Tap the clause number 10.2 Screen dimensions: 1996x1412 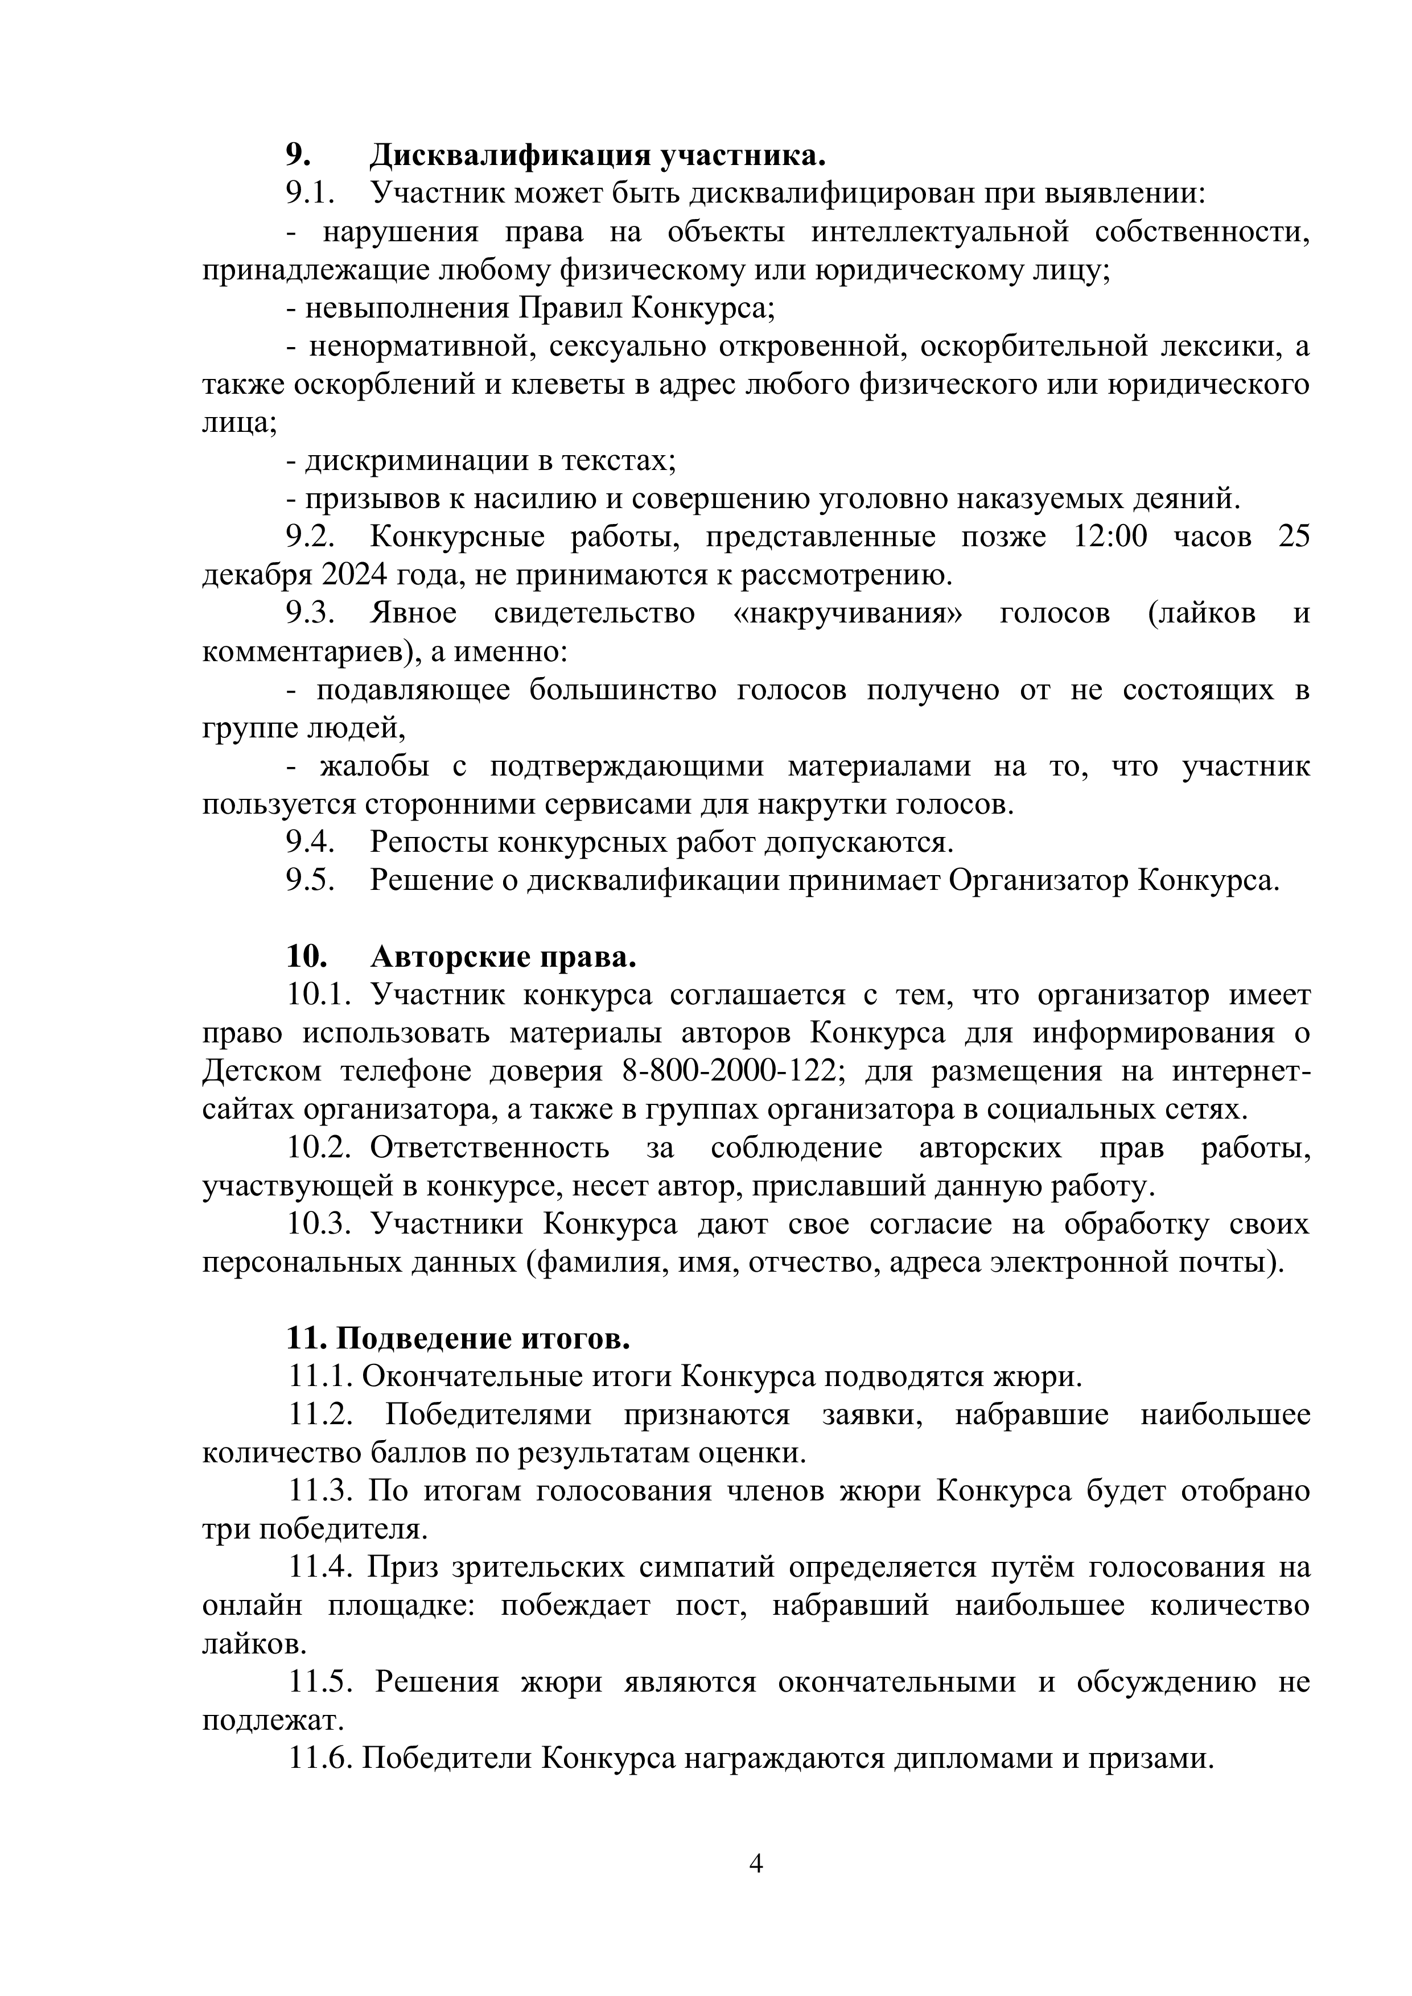pyautogui.click(x=318, y=1148)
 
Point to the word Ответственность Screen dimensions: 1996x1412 pyautogui.click(x=489, y=1148)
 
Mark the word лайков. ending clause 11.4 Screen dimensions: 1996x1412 pyautogui.click(x=255, y=1644)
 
